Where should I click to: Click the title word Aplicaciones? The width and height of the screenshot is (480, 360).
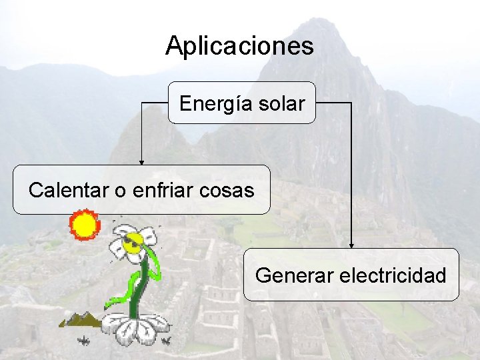239,46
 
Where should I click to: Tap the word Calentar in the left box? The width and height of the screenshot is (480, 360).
69,191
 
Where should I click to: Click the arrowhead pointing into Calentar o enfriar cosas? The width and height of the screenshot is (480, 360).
141,162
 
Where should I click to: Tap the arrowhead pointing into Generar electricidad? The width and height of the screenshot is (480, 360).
351,245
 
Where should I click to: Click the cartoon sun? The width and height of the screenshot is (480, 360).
85,225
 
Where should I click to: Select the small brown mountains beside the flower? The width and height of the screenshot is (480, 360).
81,320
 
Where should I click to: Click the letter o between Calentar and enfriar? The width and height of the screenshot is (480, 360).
121,191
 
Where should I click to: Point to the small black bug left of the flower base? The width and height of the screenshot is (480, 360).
84,341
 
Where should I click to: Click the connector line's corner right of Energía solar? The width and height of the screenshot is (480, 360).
351,103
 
